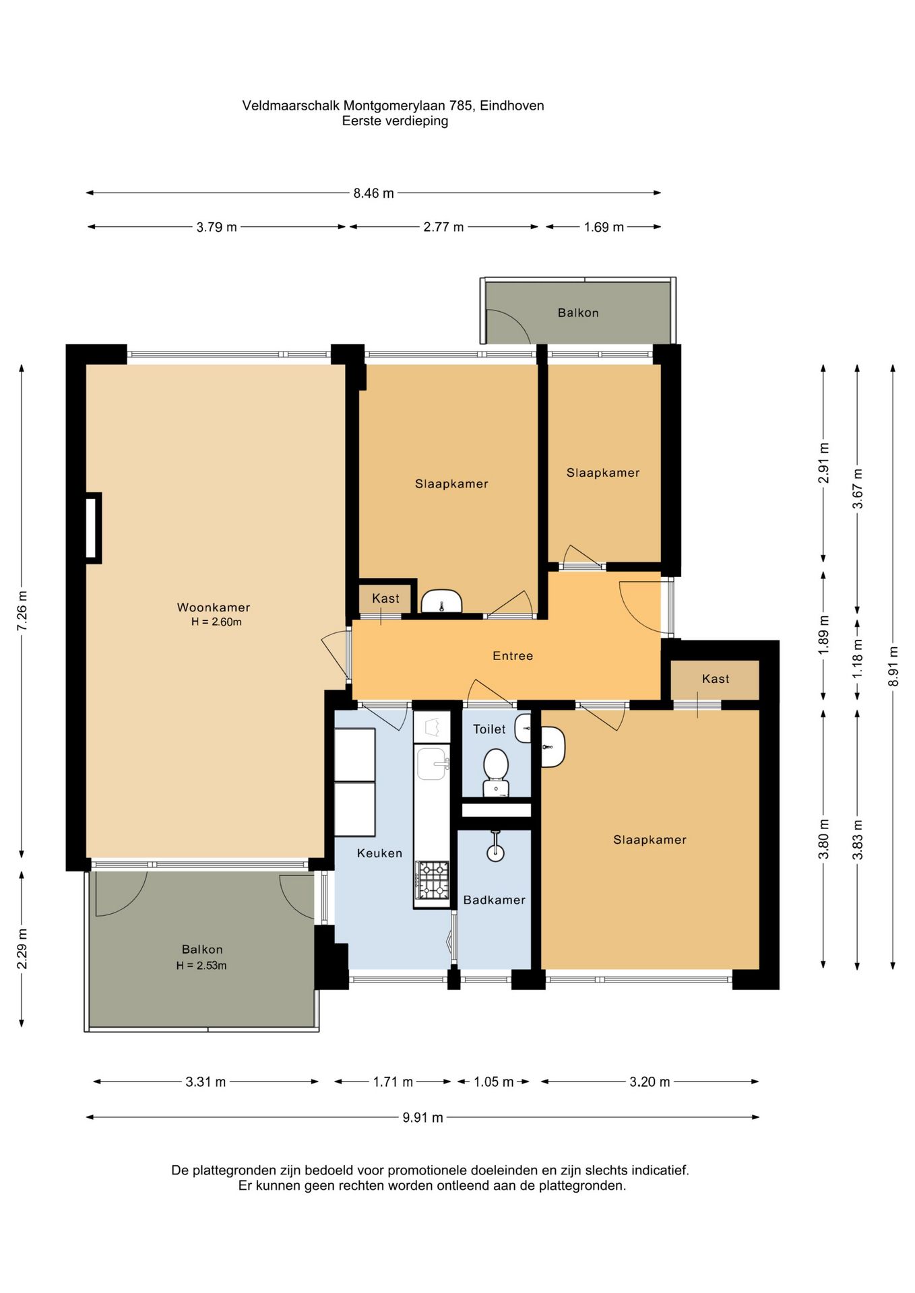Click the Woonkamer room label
[x=213, y=607]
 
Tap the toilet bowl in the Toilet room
[x=496, y=772]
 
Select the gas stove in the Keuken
[x=432, y=880]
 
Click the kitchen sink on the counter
[x=432, y=764]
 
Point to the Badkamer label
[x=494, y=900]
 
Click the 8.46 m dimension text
[x=373, y=193]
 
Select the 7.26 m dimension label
[x=22, y=611]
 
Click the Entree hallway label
[x=513, y=656]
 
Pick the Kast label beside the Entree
[x=716, y=679]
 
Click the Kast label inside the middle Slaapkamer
[x=385, y=598]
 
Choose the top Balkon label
[x=578, y=312]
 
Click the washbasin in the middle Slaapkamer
[x=441, y=601]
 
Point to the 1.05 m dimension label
[x=493, y=1082]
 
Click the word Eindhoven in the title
[x=512, y=106]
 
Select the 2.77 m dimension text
[x=443, y=227]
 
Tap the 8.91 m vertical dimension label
[x=893, y=666]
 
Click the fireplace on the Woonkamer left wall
[x=93, y=528]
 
